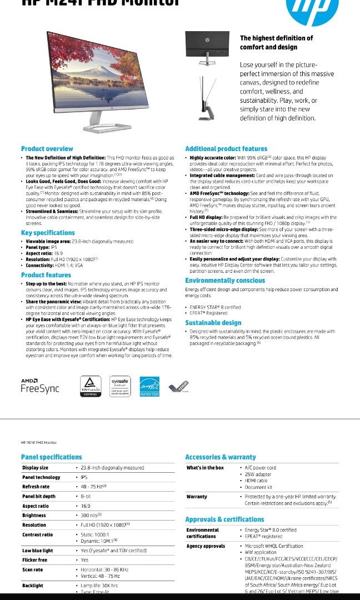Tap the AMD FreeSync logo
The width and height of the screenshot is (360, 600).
39,385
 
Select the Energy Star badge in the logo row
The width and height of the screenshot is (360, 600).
149,386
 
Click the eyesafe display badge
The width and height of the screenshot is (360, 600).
119,386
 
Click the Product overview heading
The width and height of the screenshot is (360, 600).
47,149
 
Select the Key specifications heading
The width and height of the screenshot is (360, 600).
48,233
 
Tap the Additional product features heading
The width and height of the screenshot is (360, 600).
226,149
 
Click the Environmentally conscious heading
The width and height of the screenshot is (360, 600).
225,281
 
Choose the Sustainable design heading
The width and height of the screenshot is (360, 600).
213,323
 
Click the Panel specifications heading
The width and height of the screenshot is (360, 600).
51,457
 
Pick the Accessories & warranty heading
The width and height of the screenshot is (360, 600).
220,457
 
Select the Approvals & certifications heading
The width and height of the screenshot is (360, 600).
224,519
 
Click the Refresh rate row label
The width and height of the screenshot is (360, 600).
36,487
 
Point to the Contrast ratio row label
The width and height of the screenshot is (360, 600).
37,534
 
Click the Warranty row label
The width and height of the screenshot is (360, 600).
197,497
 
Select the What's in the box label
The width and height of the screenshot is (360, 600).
205,468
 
